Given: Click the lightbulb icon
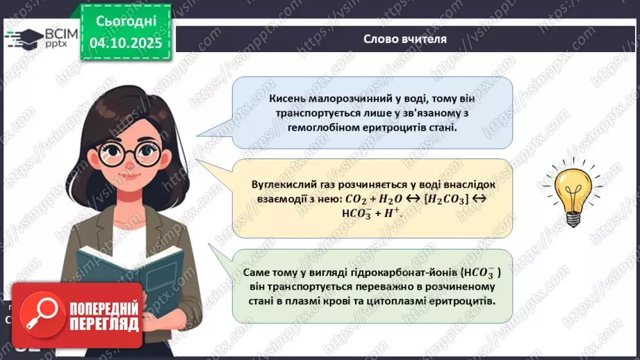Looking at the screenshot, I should click(572, 192).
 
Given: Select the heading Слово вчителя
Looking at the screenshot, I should click(405, 39).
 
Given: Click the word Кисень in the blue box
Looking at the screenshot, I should click(288, 99).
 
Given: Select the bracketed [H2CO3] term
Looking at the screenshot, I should click(463, 199).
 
